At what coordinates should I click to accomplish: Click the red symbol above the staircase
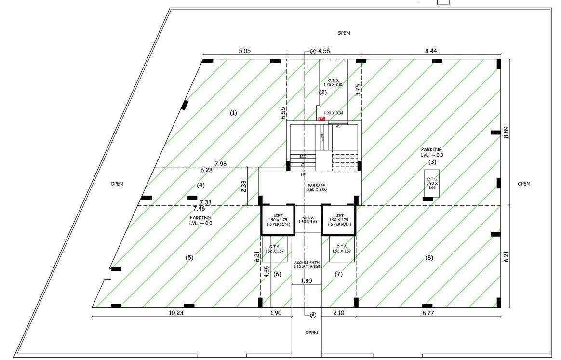point(321,119)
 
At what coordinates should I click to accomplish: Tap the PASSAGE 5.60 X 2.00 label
point(317,188)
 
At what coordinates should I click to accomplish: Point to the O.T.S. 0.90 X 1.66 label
point(432,184)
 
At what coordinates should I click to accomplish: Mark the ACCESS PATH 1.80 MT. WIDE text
point(307,265)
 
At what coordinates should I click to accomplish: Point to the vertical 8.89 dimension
point(506,130)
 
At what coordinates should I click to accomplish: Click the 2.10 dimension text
point(339,313)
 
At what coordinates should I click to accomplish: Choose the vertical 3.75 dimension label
point(358,91)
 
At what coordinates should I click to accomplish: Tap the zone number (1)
point(233,113)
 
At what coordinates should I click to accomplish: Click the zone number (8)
point(429,258)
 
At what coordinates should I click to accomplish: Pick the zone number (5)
point(189,258)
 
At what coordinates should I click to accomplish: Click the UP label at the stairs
point(303,175)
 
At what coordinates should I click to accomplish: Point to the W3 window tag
point(338,127)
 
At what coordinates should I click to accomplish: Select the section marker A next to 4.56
point(313,51)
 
